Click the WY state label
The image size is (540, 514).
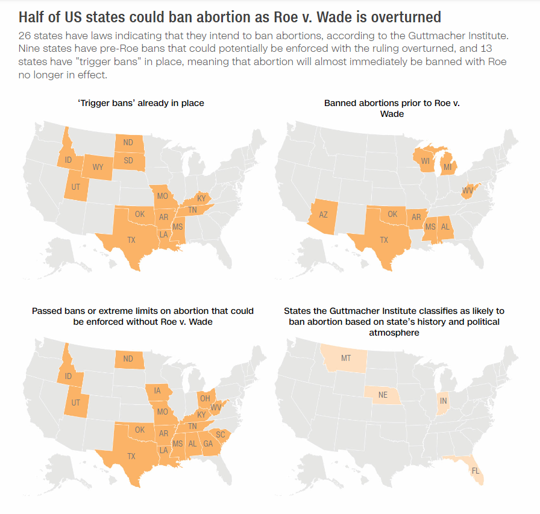tap(98, 167)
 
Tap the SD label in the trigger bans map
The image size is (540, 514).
tap(128, 160)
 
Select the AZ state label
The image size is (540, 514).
tap(323, 215)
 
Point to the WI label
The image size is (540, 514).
tap(425, 161)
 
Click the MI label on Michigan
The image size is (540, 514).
tap(447, 168)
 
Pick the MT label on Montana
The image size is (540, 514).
tap(346, 359)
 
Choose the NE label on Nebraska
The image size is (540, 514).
tap(383, 395)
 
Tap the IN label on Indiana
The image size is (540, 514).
tap(443, 401)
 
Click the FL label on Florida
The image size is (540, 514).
tap(476, 471)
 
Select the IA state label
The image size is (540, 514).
tap(157, 390)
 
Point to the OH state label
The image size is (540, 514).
tap(205, 398)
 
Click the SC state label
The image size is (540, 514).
tap(221, 434)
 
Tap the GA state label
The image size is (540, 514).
tap(208, 443)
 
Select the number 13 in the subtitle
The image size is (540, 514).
tap(486, 49)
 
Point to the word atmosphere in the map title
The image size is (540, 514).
tap(394, 333)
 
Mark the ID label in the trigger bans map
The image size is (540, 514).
tap(68, 160)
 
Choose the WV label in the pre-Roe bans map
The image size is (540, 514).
tap(468, 190)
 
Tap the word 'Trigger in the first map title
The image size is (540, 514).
tap(90, 103)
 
